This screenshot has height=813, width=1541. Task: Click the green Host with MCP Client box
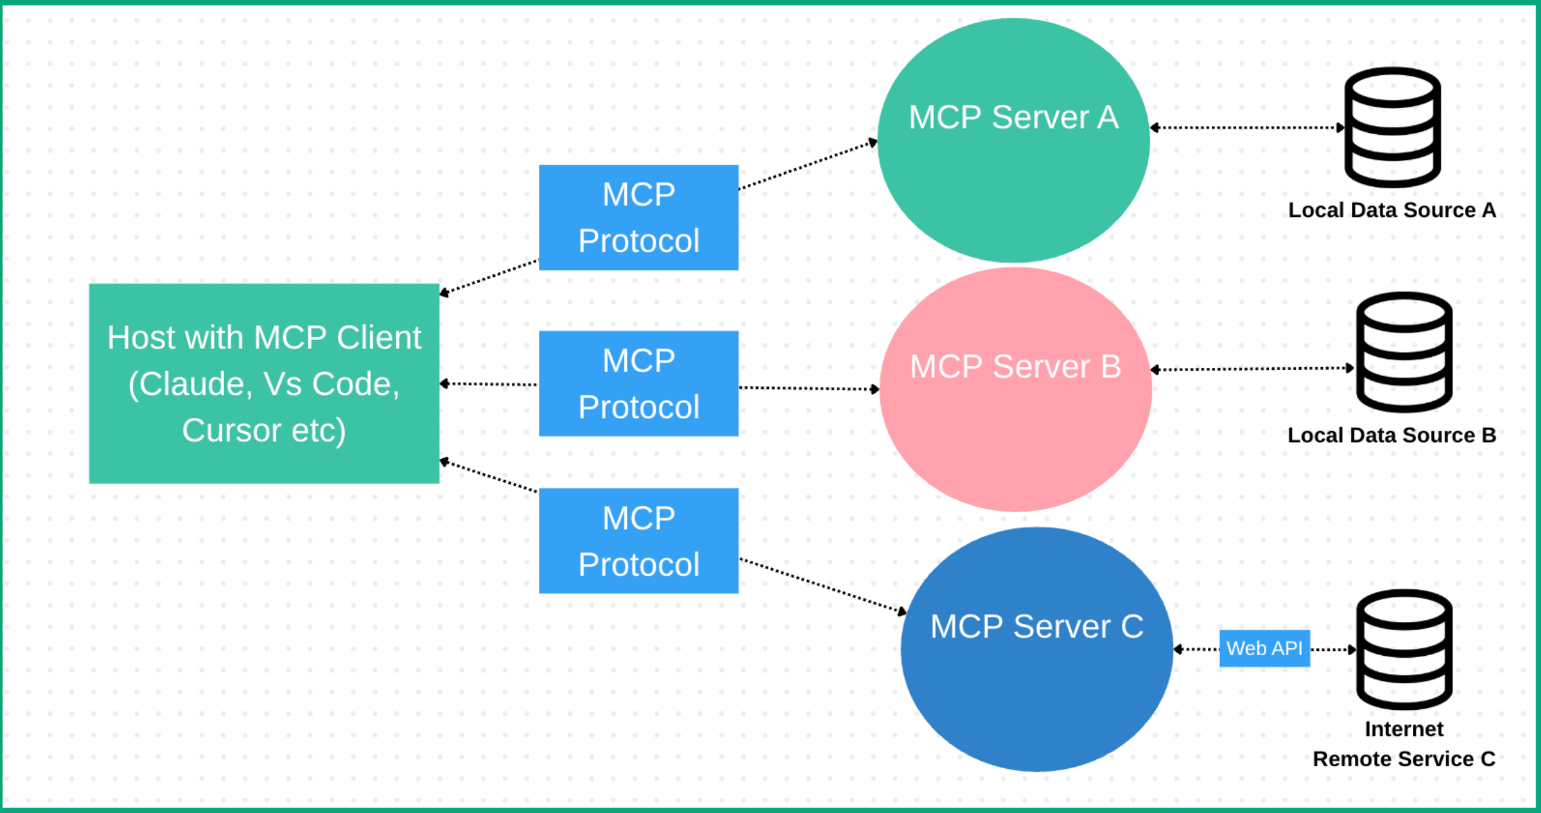coord(264,383)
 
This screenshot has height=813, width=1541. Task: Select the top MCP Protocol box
coord(638,217)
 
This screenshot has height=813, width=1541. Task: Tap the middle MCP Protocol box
coord(638,383)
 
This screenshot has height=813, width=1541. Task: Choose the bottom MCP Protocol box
coord(638,541)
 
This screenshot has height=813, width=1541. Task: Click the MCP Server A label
coord(1013,117)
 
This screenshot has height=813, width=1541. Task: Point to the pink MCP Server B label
coord(1015,367)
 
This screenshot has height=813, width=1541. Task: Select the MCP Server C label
coord(1037,626)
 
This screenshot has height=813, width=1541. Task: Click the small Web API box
coord(1264,648)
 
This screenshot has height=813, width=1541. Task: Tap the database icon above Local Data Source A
coord(1392,127)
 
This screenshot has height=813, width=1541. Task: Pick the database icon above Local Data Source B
coord(1404,352)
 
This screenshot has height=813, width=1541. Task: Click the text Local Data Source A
coord(1391,210)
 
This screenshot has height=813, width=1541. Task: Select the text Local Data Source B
coord(1391,435)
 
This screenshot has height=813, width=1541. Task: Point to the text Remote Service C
coord(1404,759)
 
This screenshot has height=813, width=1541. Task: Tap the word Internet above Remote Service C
coord(1404,729)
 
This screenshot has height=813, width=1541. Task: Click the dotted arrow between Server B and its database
coord(1253,369)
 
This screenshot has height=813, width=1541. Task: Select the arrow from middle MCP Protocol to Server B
coord(809,388)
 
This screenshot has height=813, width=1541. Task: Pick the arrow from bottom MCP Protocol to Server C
coord(823,585)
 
